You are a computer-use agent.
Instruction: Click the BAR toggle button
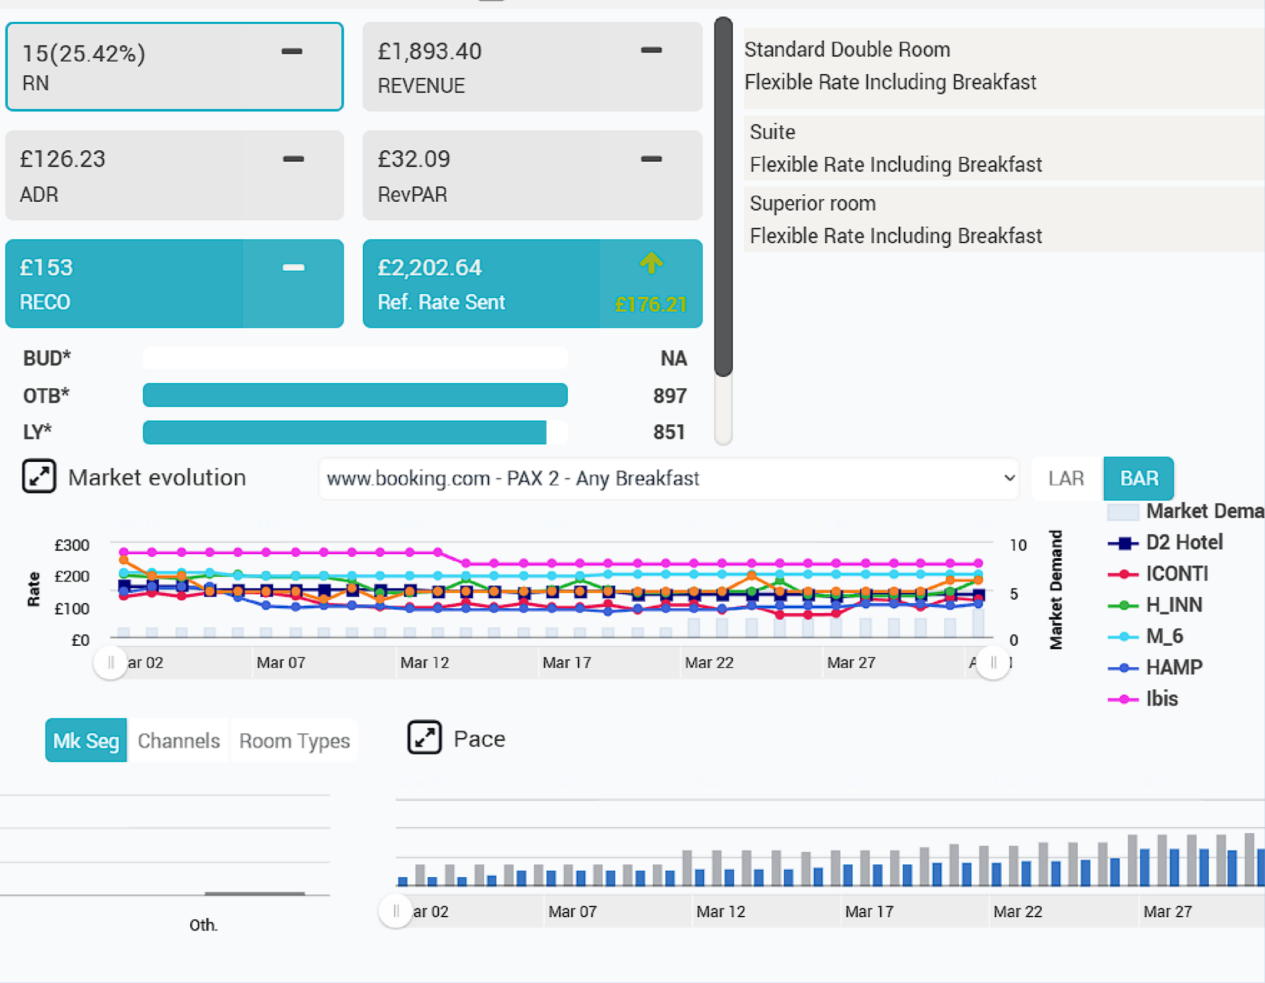tap(1138, 478)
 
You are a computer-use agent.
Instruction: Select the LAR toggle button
tap(1066, 478)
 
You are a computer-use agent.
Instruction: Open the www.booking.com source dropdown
tap(669, 479)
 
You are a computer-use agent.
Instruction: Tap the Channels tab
tap(178, 740)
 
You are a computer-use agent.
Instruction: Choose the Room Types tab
tap(294, 740)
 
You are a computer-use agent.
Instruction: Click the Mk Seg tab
tap(85, 740)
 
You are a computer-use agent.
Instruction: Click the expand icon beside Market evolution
tap(39, 477)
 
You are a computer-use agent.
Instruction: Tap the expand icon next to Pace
tap(424, 737)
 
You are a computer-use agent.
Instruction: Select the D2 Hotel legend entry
tap(1165, 542)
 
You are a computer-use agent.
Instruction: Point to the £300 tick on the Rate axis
tap(72, 545)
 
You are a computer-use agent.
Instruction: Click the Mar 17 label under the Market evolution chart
tap(566, 663)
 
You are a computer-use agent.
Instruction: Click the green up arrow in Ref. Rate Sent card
tap(651, 263)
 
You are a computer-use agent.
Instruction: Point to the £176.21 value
tap(650, 304)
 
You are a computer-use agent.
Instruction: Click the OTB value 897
tap(670, 396)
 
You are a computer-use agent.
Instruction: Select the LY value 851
tap(669, 432)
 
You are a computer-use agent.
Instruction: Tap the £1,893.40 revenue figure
tap(429, 51)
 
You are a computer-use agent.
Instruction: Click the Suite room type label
tap(772, 132)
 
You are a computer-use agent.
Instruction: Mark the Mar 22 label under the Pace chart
tap(1017, 912)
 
